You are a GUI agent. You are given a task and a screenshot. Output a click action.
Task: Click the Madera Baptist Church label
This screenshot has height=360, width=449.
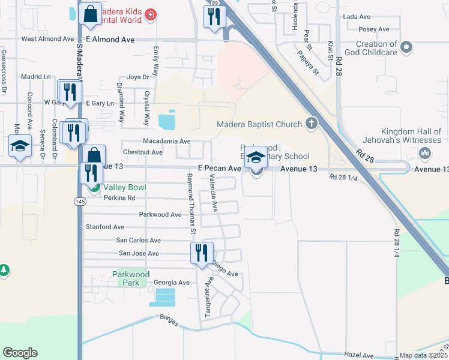(259, 125)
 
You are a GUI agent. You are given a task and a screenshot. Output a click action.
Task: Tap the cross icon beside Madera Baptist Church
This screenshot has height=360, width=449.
(311, 124)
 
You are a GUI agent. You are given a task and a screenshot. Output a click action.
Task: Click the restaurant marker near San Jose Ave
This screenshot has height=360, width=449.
(201, 253)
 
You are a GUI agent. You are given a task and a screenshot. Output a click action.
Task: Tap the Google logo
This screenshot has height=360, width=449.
(20, 353)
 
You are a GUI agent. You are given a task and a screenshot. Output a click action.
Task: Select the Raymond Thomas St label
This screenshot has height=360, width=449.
(191, 203)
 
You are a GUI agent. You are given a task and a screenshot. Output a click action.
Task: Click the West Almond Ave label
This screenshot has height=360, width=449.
(47, 39)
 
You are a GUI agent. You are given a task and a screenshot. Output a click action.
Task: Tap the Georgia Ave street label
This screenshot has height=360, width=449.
(171, 283)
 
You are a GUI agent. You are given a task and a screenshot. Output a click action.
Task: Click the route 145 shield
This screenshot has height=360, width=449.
(79, 201)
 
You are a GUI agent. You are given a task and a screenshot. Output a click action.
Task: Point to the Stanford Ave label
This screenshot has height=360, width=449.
(105, 227)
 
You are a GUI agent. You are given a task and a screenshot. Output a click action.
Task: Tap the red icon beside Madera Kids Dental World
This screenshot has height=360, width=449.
(151, 14)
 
